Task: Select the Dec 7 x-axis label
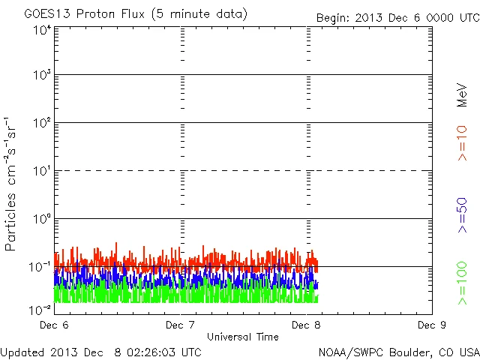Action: pos(180,325)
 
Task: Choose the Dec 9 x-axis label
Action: pos(432,325)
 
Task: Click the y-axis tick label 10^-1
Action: pos(40,266)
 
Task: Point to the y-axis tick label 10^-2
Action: pos(40,309)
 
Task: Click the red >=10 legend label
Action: pos(462,143)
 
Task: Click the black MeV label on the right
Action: pos(462,94)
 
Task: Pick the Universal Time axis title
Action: pos(243,337)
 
